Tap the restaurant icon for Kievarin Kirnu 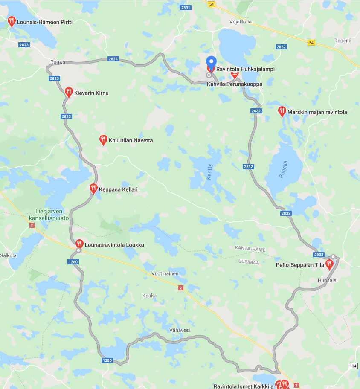[69, 92]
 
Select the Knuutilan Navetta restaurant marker [103, 139]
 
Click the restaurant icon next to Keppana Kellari [93, 188]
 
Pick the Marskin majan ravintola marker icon [282, 111]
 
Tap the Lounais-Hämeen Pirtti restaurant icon [12, 21]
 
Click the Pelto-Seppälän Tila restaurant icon [329, 264]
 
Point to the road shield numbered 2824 [113, 59]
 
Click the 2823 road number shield [24, 45]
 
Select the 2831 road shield [186, 8]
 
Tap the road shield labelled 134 [353, 366]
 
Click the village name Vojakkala [241, 22]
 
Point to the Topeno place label [343, 41]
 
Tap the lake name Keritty [209, 171]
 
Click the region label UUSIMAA [249, 262]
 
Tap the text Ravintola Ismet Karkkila [243, 386]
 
